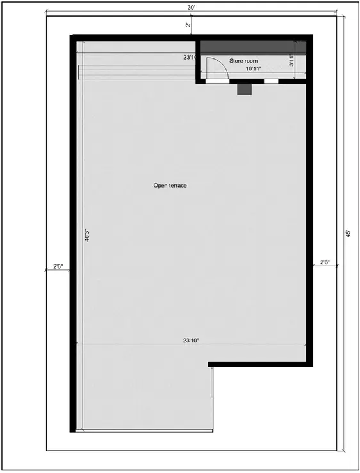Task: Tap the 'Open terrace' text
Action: click(170, 186)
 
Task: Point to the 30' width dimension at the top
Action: click(191, 8)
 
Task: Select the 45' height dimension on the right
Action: click(348, 235)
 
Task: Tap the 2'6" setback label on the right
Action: click(325, 262)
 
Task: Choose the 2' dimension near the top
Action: click(187, 25)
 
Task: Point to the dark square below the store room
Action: click(244, 90)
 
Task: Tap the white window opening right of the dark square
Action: click(271, 82)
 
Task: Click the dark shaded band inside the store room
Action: click(253, 48)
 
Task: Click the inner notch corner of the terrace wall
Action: click(211, 364)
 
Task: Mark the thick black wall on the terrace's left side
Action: click(73, 237)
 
